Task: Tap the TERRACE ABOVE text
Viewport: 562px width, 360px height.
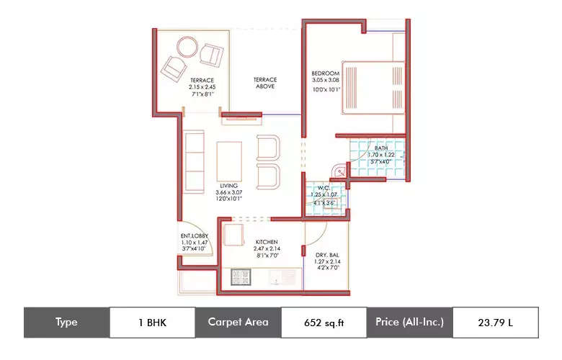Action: pyautogui.click(x=265, y=83)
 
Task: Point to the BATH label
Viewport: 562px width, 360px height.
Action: pyautogui.click(x=381, y=155)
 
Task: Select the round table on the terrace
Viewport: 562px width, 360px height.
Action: pyautogui.click(x=184, y=48)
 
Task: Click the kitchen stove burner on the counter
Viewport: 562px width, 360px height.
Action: pyautogui.click(x=239, y=276)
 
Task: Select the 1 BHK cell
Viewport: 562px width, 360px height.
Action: pyautogui.click(x=151, y=323)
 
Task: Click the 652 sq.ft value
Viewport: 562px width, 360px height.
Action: pyautogui.click(x=324, y=323)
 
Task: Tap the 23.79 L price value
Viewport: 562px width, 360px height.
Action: pyautogui.click(x=495, y=323)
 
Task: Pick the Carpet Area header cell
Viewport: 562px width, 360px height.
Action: pyautogui.click(x=238, y=323)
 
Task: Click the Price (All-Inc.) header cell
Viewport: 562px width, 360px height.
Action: pyautogui.click(x=409, y=323)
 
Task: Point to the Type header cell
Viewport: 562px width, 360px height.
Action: pyautogui.click(x=66, y=323)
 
